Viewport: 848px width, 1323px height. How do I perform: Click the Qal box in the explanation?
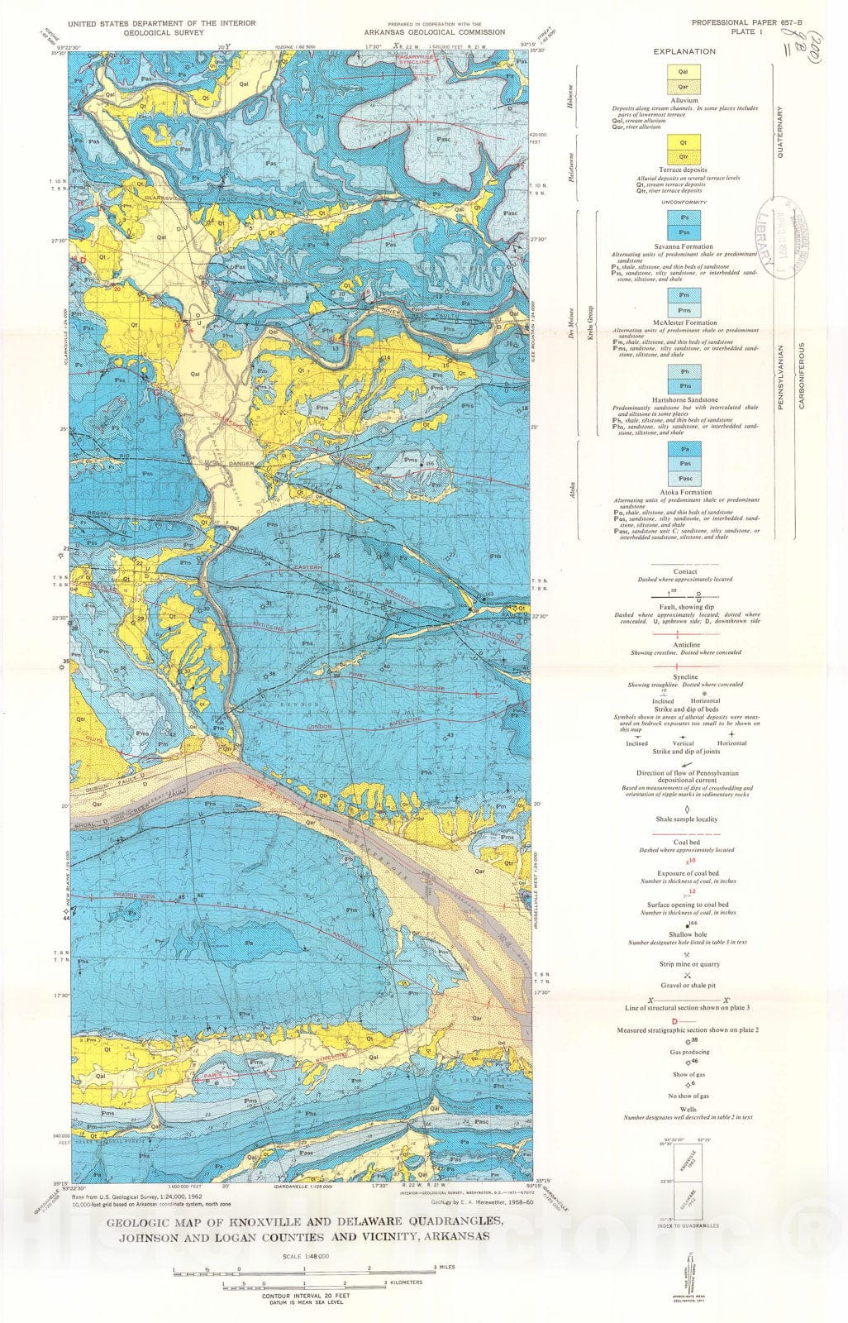click(684, 72)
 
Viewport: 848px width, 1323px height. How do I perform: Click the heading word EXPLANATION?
click(684, 51)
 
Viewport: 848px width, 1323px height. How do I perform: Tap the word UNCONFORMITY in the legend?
click(684, 201)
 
